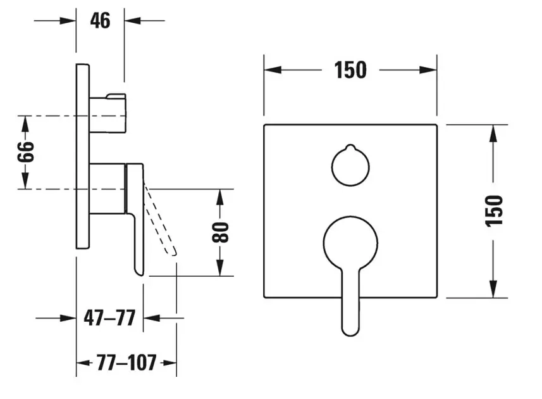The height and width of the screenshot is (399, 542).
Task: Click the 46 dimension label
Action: [x=100, y=21]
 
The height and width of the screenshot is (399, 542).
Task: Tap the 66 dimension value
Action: [x=25, y=152]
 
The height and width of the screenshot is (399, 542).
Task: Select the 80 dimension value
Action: [x=220, y=232]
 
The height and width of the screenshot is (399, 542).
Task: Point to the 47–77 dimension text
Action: [x=109, y=317]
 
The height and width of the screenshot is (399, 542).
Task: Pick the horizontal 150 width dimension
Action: [x=350, y=70]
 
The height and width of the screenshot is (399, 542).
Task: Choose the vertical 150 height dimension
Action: [x=495, y=210]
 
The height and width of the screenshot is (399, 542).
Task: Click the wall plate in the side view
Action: [x=83, y=156]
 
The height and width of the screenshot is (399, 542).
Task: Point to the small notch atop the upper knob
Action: [x=350, y=148]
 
